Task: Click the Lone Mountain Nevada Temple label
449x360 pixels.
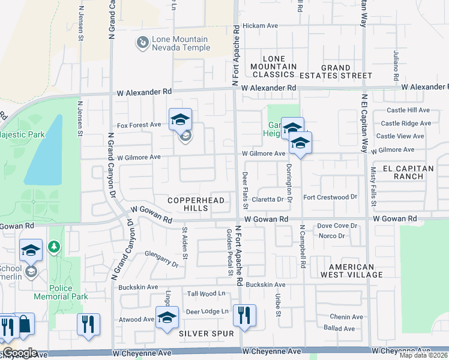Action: point(179,43)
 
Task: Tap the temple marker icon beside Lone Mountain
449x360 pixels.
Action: point(142,43)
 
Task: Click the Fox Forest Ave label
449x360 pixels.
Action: point(139,125)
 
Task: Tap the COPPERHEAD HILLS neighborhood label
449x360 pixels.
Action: point(196,204)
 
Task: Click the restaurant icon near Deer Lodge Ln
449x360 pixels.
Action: point(244,315)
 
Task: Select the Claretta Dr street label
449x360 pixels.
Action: point(267,199)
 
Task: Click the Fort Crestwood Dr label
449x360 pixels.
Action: point(330,197)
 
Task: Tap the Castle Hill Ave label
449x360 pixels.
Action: point(409,110)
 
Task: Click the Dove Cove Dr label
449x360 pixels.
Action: point(337,226)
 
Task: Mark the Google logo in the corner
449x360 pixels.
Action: point(20,353)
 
